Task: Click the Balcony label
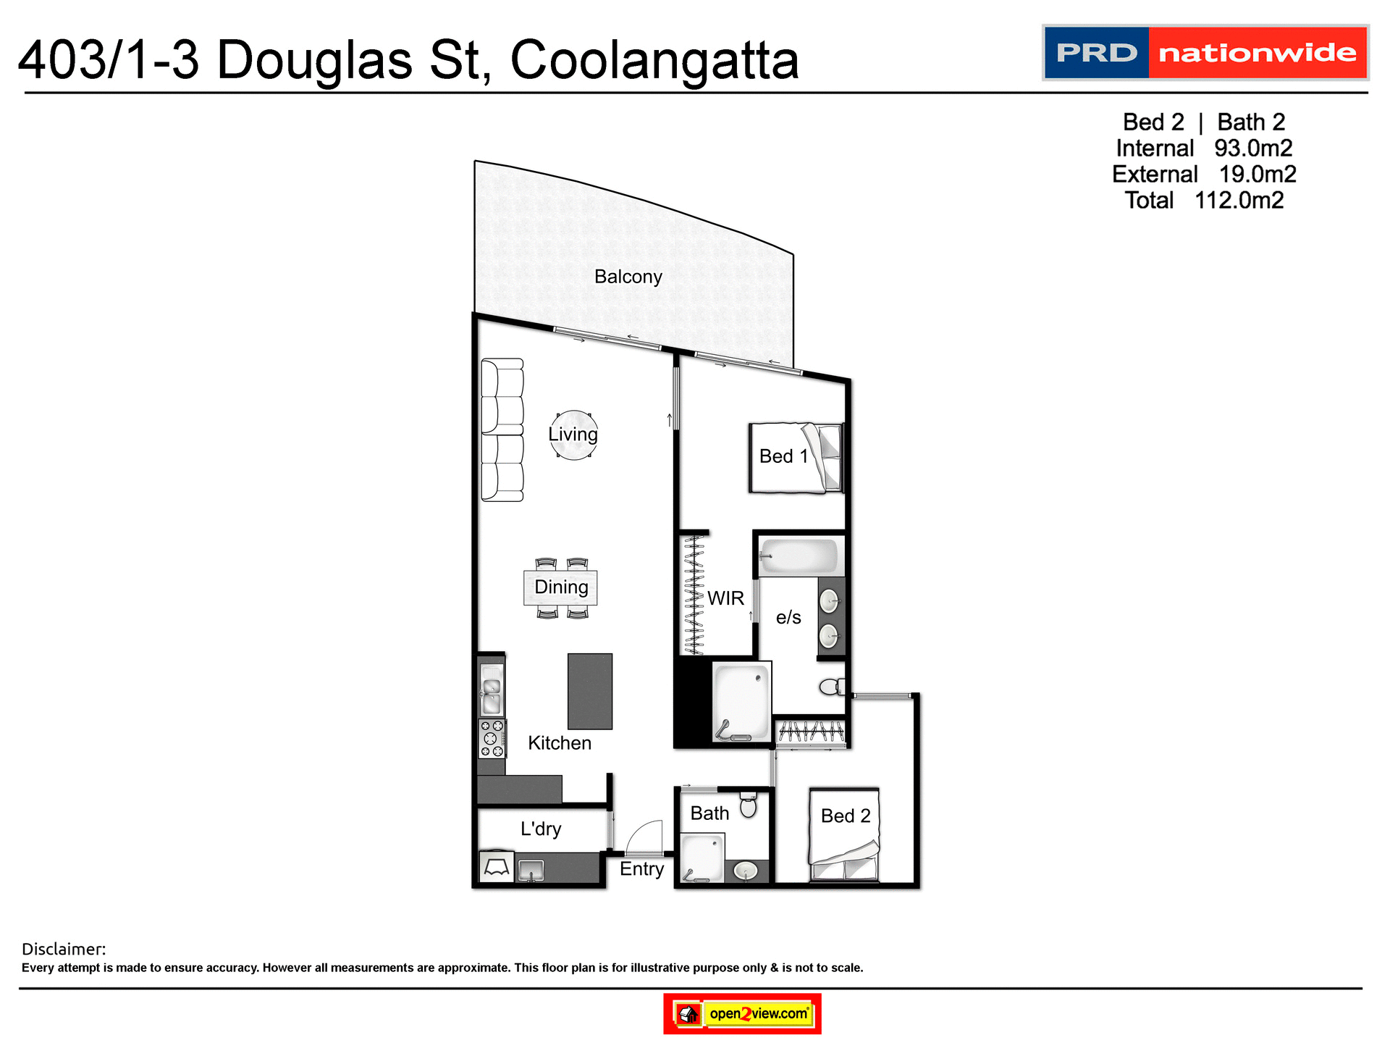(628, 277)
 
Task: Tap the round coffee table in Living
(573, 435)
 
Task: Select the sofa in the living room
(502, 430)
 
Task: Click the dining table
(560, 587)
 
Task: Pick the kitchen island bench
(589, 691)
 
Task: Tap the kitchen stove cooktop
(492, 738)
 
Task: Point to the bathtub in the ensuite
(799, 557)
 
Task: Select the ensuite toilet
(832, 686)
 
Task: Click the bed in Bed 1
(796, 458)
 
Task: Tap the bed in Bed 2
(844, 834)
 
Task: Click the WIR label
(725, 598)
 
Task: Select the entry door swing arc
(644, 837)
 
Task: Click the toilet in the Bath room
(748, 804)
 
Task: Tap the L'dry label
(541, 829)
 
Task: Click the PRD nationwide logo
(1205, 53)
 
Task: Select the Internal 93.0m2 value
(1253, 148)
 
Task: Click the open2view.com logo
(742, 1013)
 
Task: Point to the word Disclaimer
(64, 949)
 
